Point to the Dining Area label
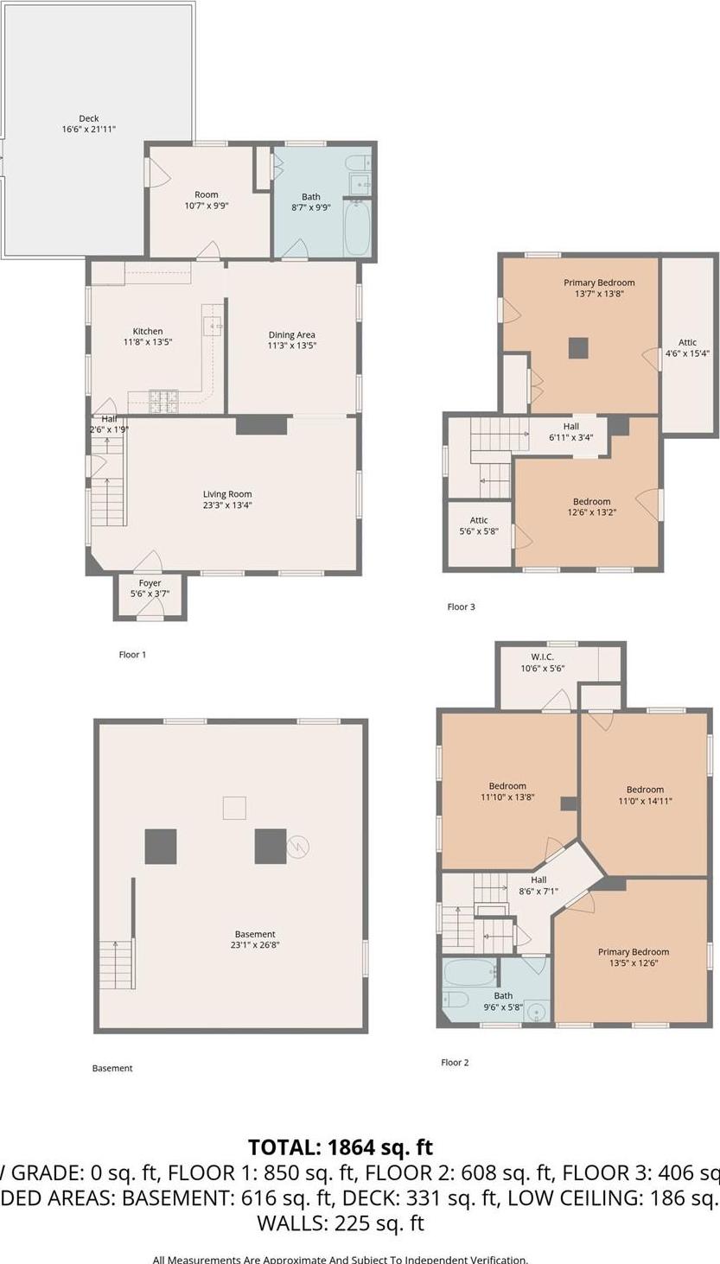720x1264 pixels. coord(291,335)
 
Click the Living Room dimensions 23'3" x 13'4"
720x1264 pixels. coord(228,505)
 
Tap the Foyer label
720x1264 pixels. coord(150,584)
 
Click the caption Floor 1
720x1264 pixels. coord(132,655)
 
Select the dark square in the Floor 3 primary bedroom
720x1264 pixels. coord(579,347)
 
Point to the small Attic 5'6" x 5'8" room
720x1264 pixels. coord(479,532)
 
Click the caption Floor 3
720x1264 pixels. coord(461,607)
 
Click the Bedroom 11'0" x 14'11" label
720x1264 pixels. coord(645,795)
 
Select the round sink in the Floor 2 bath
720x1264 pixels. coord(538,1011)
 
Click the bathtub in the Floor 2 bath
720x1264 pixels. coord(470,973)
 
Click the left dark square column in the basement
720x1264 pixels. coord(161,846)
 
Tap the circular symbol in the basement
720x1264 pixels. coord(298,847)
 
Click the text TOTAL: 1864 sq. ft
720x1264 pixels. coord(341,1147)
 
